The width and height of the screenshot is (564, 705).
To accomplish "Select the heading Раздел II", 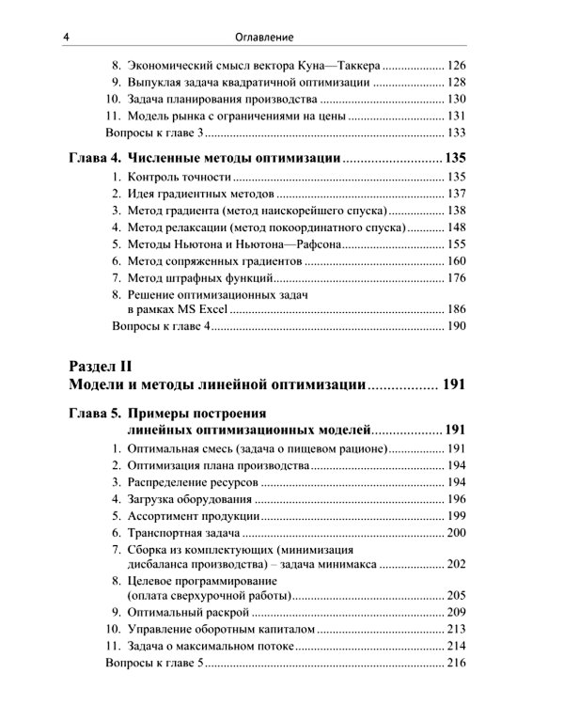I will [x=104, y=366].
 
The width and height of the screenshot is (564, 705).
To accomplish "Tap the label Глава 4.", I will [x=95, y=156].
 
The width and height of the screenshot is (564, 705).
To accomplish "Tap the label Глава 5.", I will [x=95, y=412].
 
